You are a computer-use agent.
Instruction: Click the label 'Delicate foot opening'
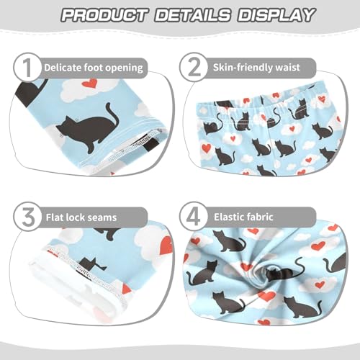coord(94,68)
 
